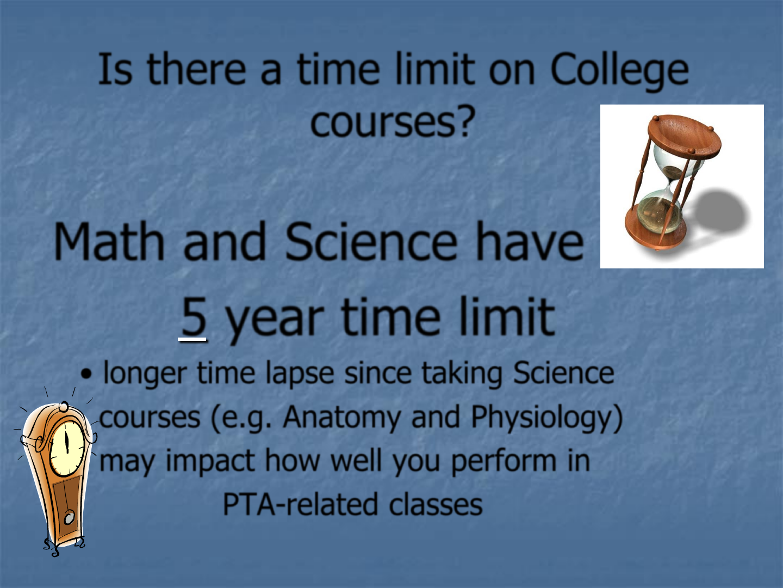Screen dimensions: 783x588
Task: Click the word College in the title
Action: [619, 70]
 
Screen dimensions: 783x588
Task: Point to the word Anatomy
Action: [341, 418]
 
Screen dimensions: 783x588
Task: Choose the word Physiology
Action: [546, 418]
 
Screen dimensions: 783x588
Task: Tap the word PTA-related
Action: [300, 505]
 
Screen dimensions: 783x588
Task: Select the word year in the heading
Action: [275, 320]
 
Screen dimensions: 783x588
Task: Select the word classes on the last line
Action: [436, 505]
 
